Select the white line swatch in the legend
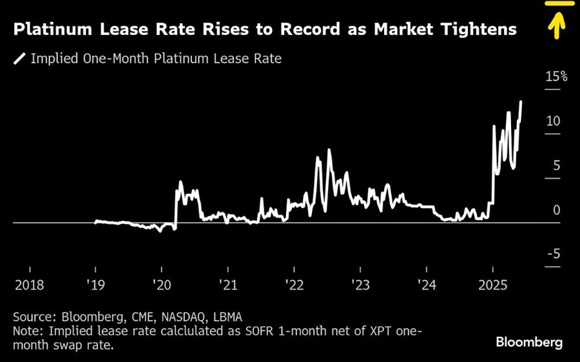pyautogui.click(x=19, y=59)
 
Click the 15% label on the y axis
pyautogui.click(x=557, y=77)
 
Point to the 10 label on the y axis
pyautogui.click(x=554, y=121)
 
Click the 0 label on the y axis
pyautogui.click(x=556, y=210)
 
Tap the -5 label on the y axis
pyautogui.click(x=554, y=255)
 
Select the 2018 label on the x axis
pyautogui.click(x=30, y=285)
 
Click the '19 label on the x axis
pyautogui.click(x=95, y=285)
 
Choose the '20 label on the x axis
pyautogui.click(x=162, y=285)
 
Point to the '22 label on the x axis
pyautogui.click(x=294, y=285)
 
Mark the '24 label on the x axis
pyautogui.click(x=425, y=285)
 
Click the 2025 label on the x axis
pyautogui.click(x=492, y=285)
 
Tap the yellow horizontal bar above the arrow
pyautogui.click(x=558, y=3)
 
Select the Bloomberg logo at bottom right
pyautogui.click(x=528, y=342)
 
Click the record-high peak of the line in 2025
pyautogui.click(x=521, y=101)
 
